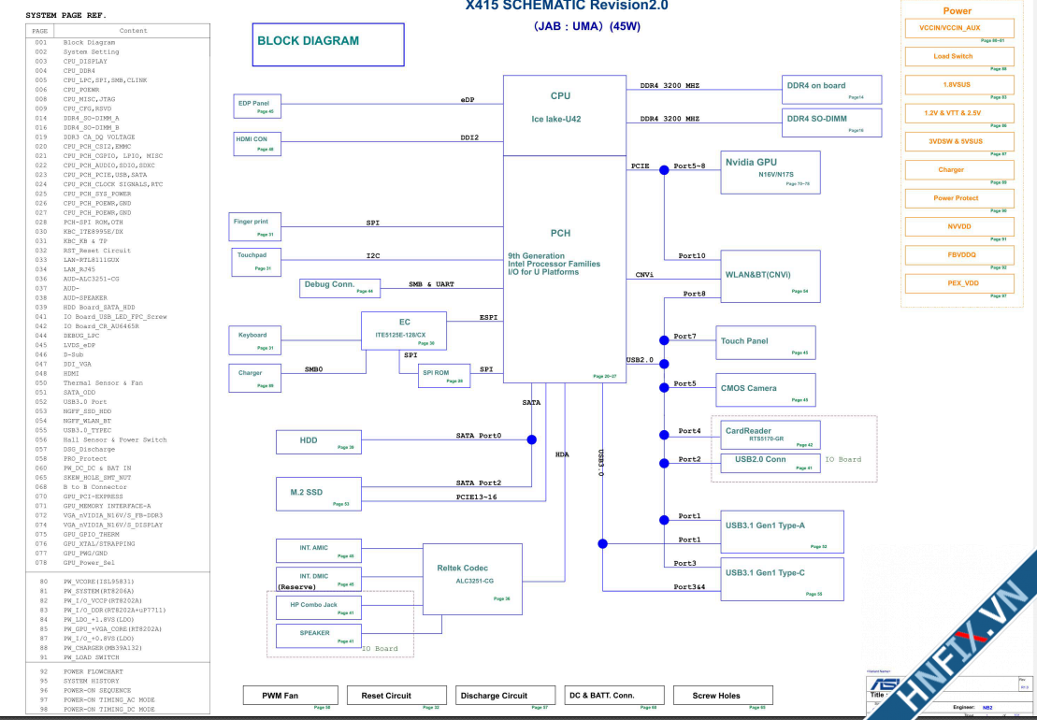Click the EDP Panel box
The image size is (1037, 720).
[255, 107]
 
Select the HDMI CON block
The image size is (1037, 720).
[255, 143]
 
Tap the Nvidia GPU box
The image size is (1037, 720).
[770, 171]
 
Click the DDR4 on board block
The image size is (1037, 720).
[831, 89]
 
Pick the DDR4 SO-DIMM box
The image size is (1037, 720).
[831, 122]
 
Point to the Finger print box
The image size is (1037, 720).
[255, 227]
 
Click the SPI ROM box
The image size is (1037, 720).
[443, 375]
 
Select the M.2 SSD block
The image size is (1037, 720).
[318, 493]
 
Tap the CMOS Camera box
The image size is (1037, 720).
[766, 388]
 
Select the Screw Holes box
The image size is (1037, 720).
[723, 695]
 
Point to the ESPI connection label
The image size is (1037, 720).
[488, 317]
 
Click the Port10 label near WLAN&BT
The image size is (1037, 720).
[692, 255]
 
